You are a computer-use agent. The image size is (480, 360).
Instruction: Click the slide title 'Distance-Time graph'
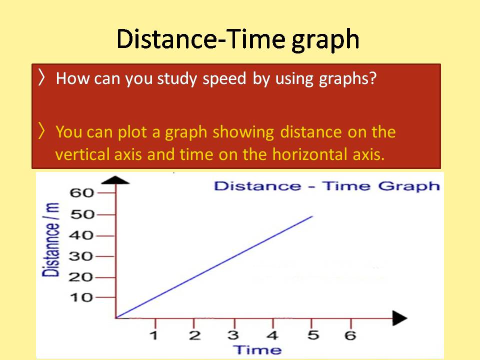point(238,39)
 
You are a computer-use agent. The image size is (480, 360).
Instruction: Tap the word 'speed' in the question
point(225,79)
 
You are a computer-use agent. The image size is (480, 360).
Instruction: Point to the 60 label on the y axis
point(84,193)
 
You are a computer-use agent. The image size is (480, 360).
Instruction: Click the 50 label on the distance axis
point(84,215)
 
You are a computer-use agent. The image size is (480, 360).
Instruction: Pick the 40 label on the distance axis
point(84,235)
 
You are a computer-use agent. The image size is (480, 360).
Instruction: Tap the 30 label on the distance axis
point(84,256)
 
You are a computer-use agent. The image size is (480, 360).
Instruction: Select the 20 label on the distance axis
point(84,277)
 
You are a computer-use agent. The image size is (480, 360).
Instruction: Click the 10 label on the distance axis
point(84,298)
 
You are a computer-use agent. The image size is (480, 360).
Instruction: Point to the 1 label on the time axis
point(154,335)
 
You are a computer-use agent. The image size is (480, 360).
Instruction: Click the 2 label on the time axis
point(193,335)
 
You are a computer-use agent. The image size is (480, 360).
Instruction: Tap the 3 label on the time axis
point(232,335)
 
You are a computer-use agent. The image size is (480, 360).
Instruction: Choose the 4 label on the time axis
point(272,335)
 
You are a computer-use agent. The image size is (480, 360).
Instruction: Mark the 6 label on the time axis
point(350,335)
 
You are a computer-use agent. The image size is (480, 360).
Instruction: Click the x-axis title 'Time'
point(258,349)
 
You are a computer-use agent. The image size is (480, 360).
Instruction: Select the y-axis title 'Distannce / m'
point(51,240)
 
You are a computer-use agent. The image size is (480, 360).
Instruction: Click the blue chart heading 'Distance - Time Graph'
point(327,186)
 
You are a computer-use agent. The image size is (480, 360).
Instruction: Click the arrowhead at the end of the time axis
point(400,317)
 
